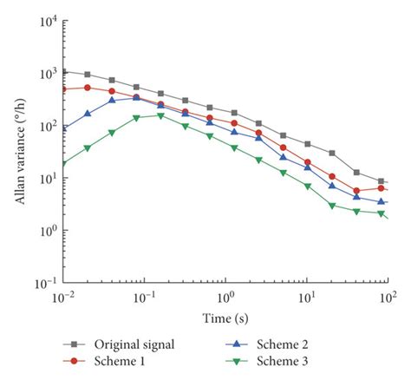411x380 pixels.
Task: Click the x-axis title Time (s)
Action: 225,318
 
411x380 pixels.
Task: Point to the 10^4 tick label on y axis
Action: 46,22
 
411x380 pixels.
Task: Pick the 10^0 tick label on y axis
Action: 46,231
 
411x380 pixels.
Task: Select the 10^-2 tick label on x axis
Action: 63,298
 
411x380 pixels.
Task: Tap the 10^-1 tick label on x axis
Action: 144,298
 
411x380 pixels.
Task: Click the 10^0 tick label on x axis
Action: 225,298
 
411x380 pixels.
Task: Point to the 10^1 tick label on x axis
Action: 306,298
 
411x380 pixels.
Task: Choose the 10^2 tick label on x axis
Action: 387,298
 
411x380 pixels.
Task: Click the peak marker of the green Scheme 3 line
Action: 160,115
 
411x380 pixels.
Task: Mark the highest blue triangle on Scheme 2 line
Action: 136,98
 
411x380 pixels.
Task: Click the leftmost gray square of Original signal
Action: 63,71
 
